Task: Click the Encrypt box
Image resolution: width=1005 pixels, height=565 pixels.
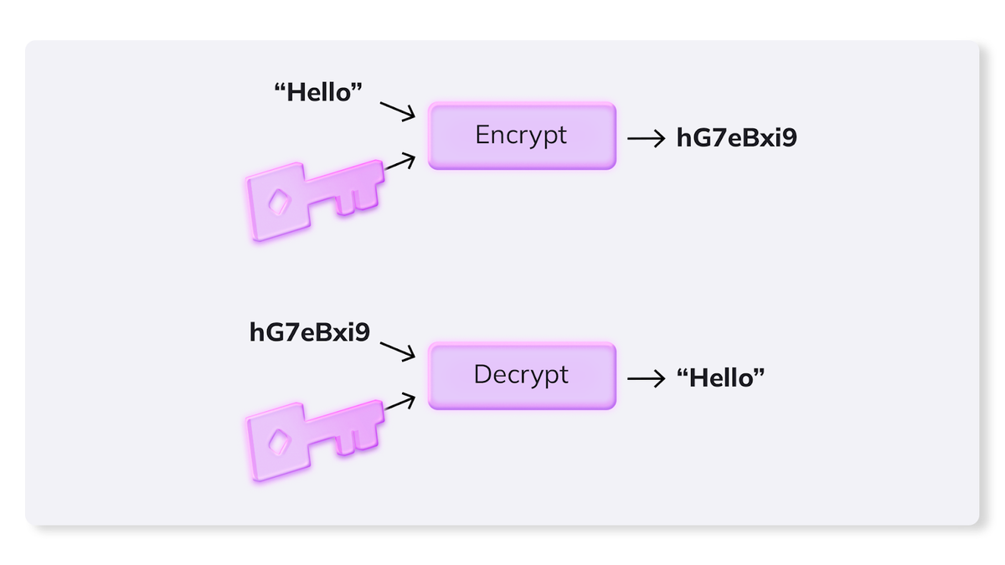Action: click(x=522, y=136)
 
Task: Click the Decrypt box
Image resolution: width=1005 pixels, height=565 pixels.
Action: click(x=522, y=376)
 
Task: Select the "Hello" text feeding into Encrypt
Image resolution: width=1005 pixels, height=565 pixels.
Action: click(x=318, y=92)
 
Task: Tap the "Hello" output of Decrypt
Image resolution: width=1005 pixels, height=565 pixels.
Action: click(x=720, y=378)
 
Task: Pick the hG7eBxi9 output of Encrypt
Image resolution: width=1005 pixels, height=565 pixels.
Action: click(x=737, y=137)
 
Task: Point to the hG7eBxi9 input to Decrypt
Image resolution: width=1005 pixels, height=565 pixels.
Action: click(x=310, y=332)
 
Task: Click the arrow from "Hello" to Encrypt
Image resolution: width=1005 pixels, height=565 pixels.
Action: click(x=398, y=111)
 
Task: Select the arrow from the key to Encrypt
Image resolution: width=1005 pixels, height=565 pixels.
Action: click(x=399, y=161)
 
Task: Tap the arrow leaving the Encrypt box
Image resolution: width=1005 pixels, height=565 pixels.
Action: click(x=646, y=139)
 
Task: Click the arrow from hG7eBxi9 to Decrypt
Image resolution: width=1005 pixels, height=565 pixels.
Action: click(x=398, y=352)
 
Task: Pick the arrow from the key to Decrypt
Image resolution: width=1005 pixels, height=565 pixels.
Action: click(x=399, y=401)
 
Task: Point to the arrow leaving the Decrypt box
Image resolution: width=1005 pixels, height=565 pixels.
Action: click(x=646, y=379)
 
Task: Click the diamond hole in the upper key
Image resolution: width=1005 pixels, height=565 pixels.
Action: click(x=279, y=202)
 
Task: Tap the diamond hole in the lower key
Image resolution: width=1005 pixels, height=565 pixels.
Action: click(x=279, y=442)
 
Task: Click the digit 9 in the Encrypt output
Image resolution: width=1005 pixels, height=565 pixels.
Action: click(x=790, y=137)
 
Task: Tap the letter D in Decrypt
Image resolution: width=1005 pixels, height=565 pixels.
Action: click(x=482, y=374)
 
